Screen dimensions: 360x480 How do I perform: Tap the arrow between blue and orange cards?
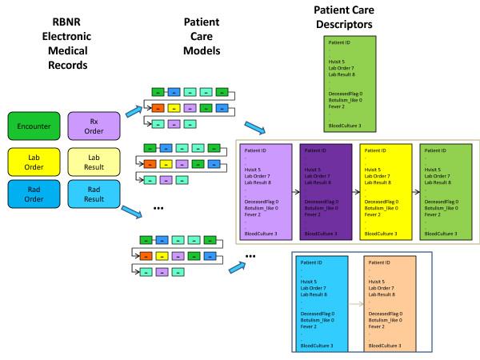point(356,305)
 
